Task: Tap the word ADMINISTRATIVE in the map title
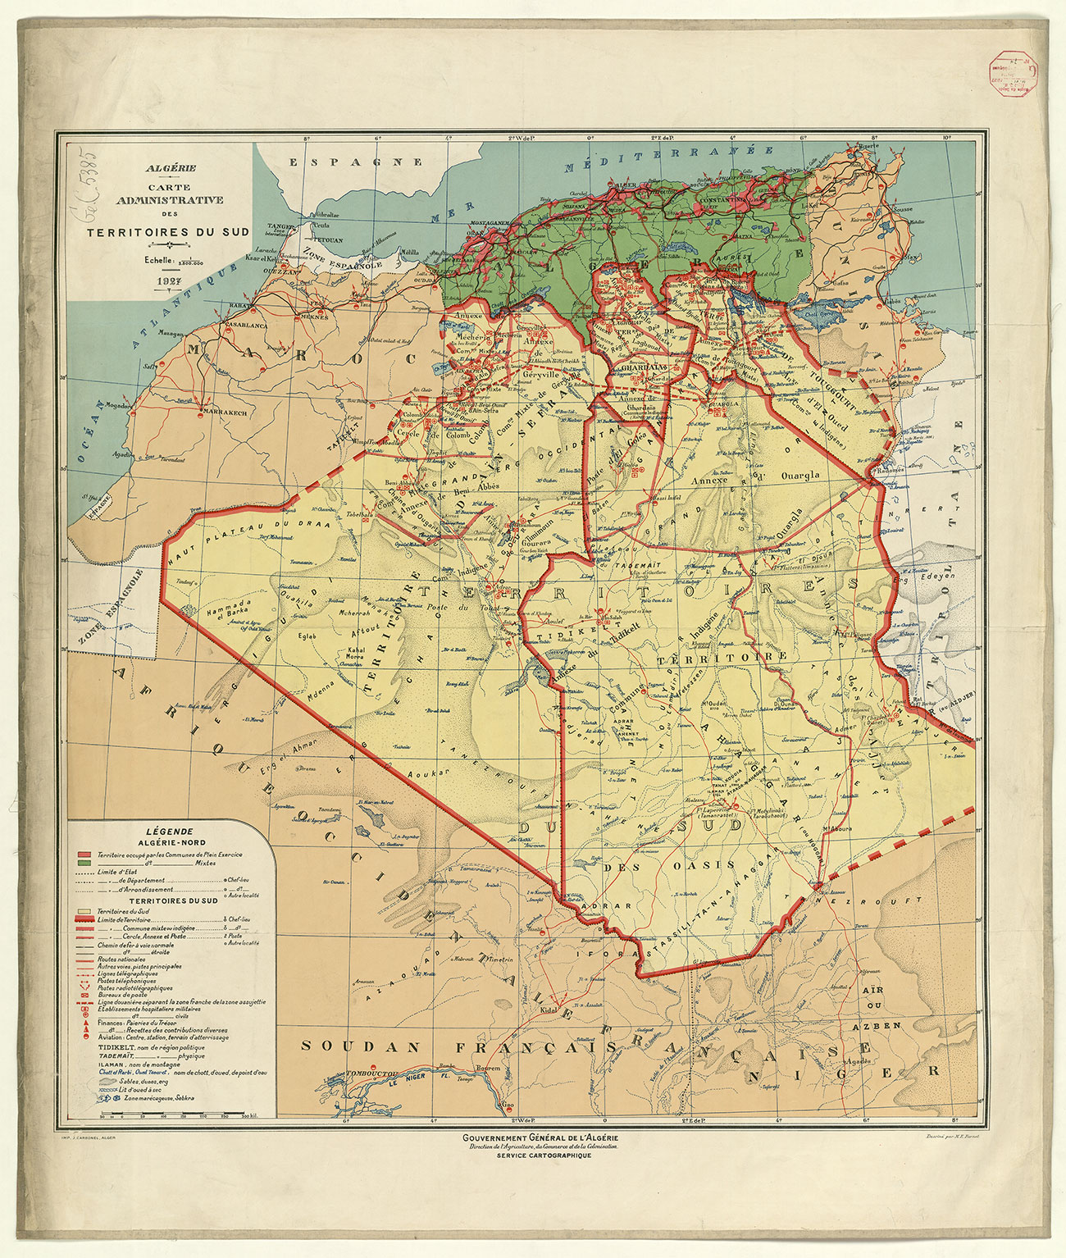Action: (x=170, y=199)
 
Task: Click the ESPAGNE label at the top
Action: (x=356, y=162)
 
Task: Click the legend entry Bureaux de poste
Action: (x=122, y=995)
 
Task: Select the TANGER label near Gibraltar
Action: (x=280, y=226)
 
